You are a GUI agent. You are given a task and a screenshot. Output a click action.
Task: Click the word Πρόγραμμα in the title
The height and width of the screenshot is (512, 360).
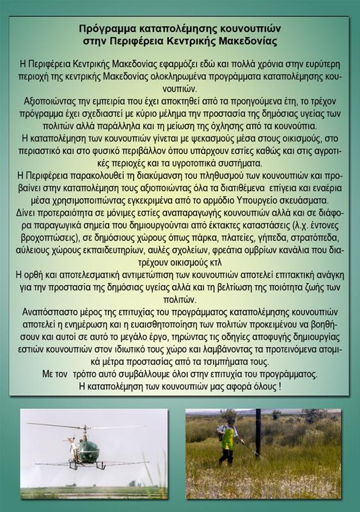click(x=106, y=29)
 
